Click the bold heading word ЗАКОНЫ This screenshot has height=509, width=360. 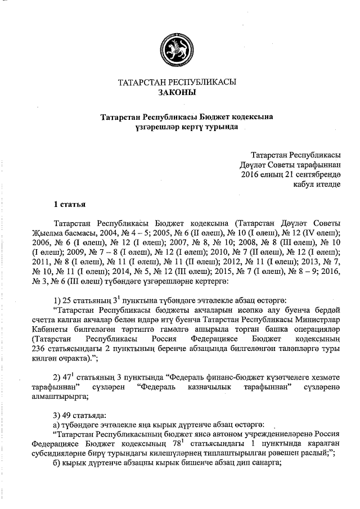[177, 92]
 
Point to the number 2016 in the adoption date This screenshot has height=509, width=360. [250, 174]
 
